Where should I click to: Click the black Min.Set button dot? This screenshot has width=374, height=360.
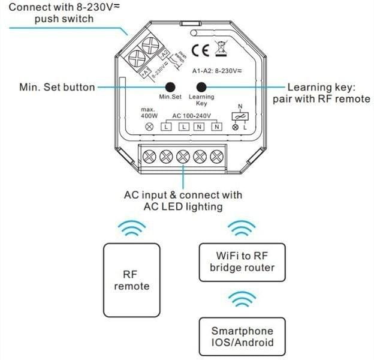(170, 86)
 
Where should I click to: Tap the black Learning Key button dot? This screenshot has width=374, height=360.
(201, 86)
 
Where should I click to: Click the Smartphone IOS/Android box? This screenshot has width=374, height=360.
(242, 336)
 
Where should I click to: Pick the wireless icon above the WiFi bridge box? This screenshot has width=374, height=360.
(242, 228)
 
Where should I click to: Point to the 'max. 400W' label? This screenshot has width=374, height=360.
(148, 113)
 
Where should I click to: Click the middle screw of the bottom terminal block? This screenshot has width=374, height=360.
(183, 157)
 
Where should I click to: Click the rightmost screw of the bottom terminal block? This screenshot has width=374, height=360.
(217, 157)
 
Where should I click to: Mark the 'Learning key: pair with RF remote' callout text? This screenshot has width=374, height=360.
(321, 93)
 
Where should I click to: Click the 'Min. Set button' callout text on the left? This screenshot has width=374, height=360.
(57, 88)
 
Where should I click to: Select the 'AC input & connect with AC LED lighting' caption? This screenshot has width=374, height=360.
(183, 201)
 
